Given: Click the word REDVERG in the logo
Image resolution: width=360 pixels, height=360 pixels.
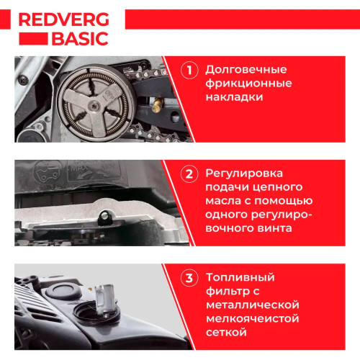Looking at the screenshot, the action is tap(63, 19).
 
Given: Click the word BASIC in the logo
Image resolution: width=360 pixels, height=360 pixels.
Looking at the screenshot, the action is tap(80, 39).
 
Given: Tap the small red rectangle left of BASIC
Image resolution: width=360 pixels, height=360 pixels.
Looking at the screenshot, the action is tap(33, 39).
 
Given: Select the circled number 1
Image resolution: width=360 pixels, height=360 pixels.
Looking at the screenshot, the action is tap(189, 71).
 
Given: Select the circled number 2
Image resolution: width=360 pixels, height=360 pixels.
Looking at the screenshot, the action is tap(189, 174).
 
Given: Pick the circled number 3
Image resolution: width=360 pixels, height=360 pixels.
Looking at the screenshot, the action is tap(189, 278).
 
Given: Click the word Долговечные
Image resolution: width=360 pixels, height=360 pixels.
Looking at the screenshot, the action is tap(246, 70).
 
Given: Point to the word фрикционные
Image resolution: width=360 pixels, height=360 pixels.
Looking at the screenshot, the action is tap(248, 84).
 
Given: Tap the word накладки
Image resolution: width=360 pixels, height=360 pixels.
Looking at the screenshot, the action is tap(234, 97).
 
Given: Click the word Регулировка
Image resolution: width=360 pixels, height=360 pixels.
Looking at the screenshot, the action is tap(244, 174).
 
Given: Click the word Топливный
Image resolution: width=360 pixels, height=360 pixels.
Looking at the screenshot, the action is tap(240, 278).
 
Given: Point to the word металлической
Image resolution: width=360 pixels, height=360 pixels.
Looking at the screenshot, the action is tap(253, 305).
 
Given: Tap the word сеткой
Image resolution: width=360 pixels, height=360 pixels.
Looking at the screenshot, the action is tap(226, 333).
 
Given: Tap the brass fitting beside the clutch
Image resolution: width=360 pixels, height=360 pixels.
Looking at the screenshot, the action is tap(157, 105).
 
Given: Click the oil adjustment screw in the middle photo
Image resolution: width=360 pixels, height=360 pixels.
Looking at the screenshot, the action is tap(104, 217).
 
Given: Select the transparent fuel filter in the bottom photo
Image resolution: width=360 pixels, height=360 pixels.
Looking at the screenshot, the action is tap(104, 299).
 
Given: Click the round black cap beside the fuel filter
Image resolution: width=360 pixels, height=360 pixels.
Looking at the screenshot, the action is tap(63, 291).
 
